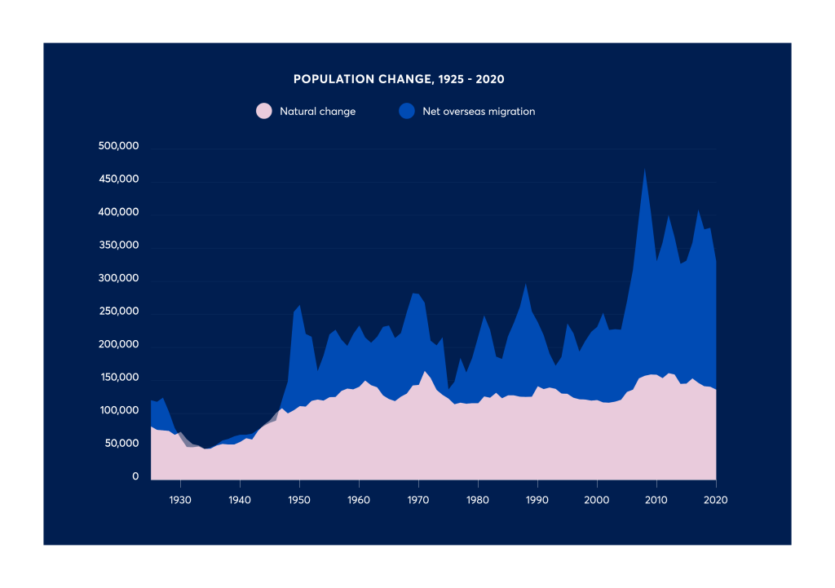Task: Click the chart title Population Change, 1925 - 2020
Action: coord(399,79)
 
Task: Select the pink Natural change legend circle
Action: coord(263,112)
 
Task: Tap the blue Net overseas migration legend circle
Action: coord(406,112)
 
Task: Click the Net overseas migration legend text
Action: coord(479,112)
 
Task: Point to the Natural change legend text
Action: coord(317,112)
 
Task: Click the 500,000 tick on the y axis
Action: coord(119,147)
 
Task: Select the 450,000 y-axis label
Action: coord(119,179)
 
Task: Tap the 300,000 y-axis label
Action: coord(119,279)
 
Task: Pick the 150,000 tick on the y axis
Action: coord(119,378)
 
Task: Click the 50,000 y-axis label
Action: coord(122,444)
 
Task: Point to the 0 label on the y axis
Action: coord(136,477)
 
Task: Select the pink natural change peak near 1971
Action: coord(425,373)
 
